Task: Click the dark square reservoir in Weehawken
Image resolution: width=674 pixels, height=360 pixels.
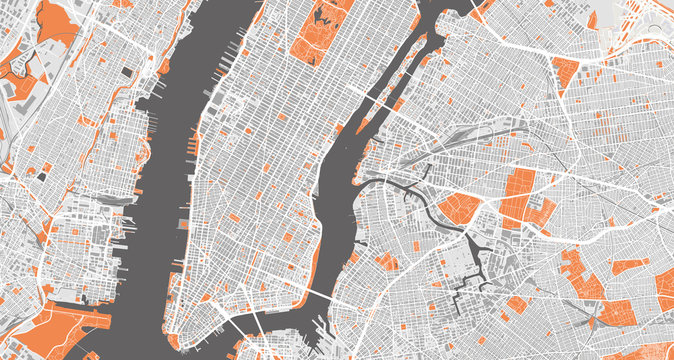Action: pyautogui.click(x=126, y=72)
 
